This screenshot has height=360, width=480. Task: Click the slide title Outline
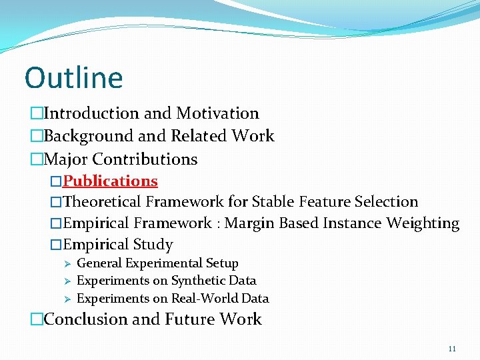[73, 78]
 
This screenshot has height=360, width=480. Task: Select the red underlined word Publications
[110, 181]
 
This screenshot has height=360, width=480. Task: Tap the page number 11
[453, 349]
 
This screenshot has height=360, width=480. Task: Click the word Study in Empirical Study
[153, 245]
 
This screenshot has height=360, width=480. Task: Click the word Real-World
[202, 299]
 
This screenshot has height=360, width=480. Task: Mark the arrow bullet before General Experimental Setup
[67, 263]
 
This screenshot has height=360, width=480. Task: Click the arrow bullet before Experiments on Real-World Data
[67, 299]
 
